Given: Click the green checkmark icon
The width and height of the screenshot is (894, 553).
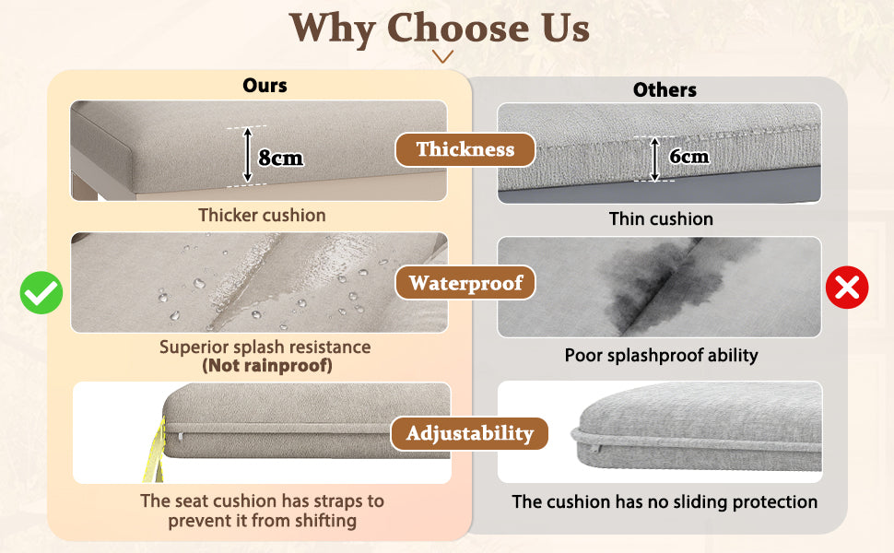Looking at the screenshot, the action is [x=41, y=292].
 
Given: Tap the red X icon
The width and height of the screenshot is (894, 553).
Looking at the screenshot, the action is [x=847, y=288].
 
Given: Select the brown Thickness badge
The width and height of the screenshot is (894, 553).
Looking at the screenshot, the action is [x=465, y=149].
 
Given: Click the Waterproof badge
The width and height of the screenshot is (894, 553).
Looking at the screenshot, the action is [x=465, y=283].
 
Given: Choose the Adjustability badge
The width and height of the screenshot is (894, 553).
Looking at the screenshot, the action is [x=469, y=433].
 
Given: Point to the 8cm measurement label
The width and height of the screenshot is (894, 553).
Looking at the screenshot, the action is [x=280, y=158].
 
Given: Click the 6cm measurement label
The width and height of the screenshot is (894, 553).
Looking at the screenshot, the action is [x=688, y=156].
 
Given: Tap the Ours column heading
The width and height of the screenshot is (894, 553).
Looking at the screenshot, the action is [x=265, y=86].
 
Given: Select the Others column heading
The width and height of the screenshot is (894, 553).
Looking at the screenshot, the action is [x=665, y=89].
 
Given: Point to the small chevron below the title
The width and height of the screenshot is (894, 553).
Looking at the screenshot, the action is [x=442, y=56].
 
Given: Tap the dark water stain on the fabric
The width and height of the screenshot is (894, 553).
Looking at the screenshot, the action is [x=667, y=284].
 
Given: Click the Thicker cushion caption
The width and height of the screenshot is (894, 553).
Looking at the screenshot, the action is [x=263, y=215].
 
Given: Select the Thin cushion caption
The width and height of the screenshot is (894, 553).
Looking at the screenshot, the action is [x=661, y=219].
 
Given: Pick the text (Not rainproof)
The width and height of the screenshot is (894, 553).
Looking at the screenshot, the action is [x=267, y=365].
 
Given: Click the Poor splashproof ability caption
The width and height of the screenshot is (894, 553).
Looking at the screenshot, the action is [x=662, y=355].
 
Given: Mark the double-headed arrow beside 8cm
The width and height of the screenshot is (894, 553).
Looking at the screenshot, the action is [x=247, y=155].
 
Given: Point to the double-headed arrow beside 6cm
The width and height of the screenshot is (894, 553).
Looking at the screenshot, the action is [x=654, y=159].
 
